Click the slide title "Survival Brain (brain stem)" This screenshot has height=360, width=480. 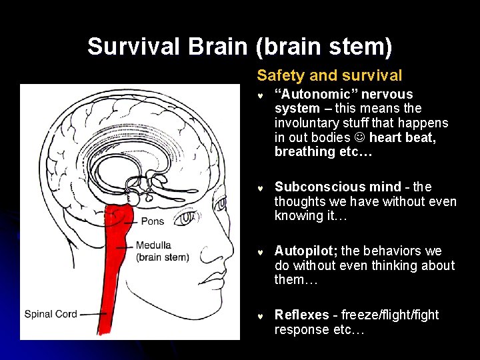[x=239, y=47]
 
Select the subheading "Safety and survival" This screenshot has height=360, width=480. [x=329, y=75]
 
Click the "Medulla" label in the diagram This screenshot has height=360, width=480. [x=153, y=245]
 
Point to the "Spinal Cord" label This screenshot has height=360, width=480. [x=51, y=313]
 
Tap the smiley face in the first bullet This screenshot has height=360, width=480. [x=359, y=137]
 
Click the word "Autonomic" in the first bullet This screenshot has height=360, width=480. [x=314, y=94]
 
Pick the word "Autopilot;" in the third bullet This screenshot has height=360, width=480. [x=306, y=251]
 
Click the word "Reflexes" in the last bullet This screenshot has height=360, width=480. [x=302, y=315]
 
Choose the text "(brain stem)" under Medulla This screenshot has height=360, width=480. [x=163, y=257]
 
